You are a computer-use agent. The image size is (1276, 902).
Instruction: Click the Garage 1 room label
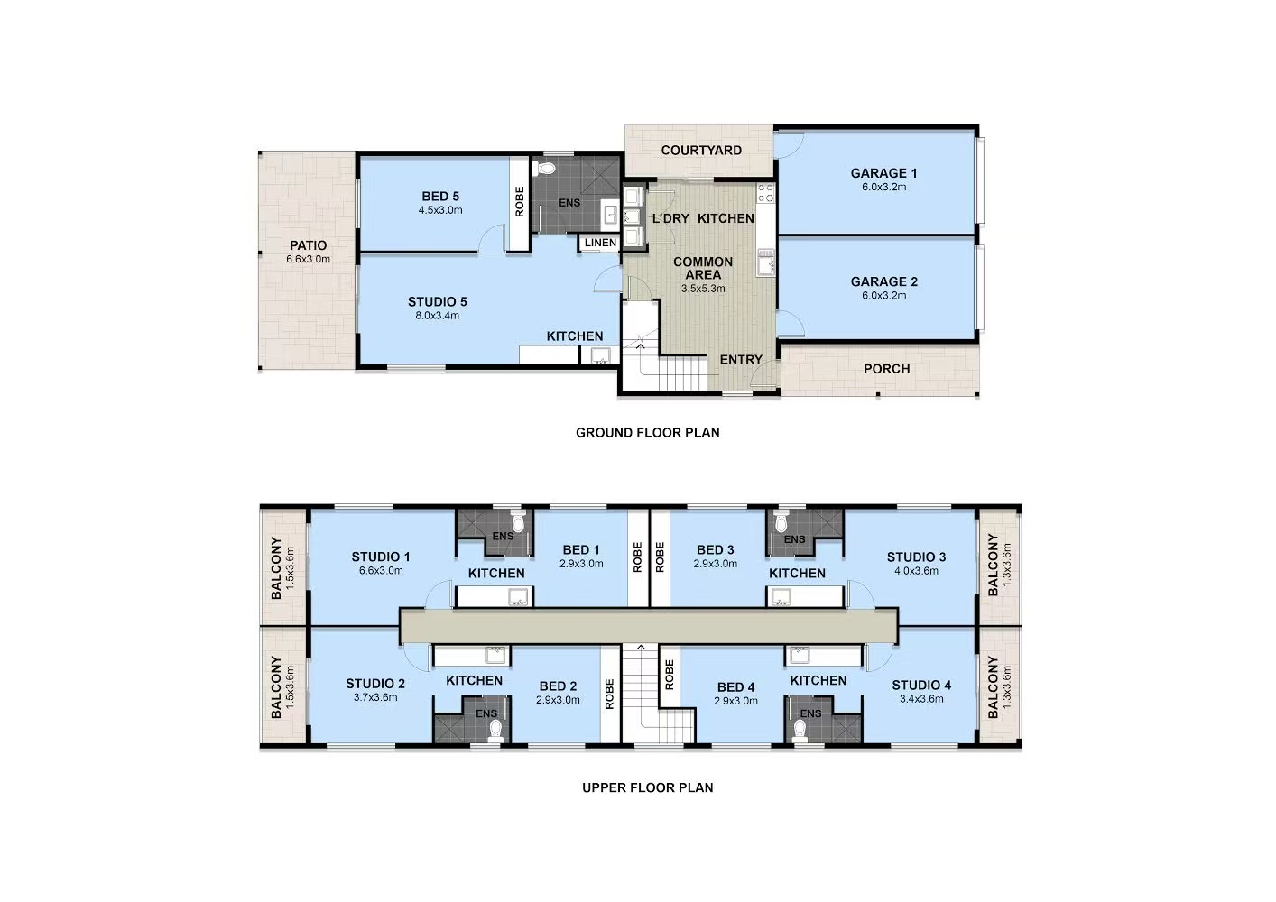click(x=883, y=173)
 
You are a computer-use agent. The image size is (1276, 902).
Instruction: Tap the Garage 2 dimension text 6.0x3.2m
click(x=883, y=296)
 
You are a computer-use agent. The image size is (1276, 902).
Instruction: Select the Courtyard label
click(x=701, y=151)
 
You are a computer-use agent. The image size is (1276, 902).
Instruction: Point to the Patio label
click(x=308, y=245)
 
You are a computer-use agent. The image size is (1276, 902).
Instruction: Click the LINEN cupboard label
click(x=600, y=243)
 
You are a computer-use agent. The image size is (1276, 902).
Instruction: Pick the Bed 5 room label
click(x=440, y=197)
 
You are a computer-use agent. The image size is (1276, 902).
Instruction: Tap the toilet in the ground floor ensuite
click(x=546, y=169)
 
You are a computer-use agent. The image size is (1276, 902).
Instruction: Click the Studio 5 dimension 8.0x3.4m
click(x=437, y=316)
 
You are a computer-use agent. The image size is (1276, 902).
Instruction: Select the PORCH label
click(x=886, y=369)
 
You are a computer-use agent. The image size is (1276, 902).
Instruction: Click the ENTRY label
click(x=741, y=360)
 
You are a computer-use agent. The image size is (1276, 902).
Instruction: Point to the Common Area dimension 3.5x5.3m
click(x=703, y=289)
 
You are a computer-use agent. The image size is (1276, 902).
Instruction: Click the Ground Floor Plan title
click(x=647, y=433)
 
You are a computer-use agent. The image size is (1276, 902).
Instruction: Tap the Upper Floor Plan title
click(x=647, y=787)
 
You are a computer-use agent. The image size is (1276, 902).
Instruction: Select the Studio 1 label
click(x=381, y=557)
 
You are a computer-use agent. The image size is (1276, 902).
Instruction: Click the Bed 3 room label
click(x=715, y=550)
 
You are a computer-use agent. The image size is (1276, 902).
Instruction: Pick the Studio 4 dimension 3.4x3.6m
click(x=921, y=699)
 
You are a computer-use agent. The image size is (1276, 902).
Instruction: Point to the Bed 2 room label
click(x=558, y=686)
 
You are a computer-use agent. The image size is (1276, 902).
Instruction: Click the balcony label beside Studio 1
click(x=276, y=568)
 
